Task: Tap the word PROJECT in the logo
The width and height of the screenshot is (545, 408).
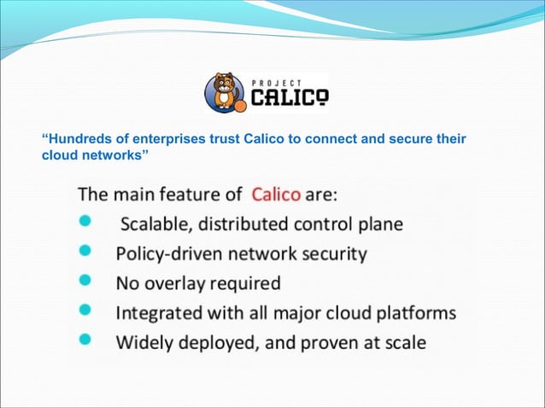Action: coord(274,81)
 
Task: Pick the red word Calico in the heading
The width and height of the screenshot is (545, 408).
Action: coord(276,195)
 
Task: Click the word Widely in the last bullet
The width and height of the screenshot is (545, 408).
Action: coord(143,342)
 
